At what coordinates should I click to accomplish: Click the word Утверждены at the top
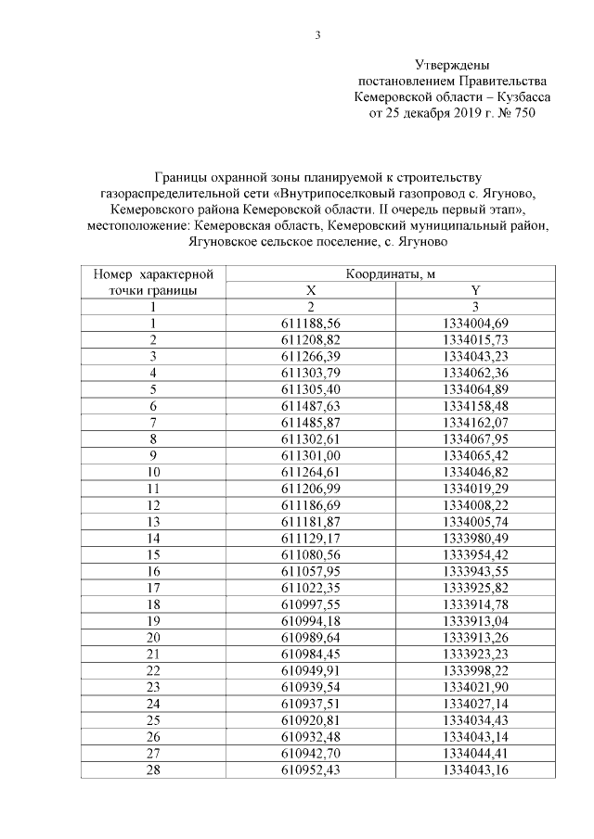(451, 64)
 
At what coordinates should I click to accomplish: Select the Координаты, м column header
(391, 274)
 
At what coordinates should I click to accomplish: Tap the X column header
(312, 290)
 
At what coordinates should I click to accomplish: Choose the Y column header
(474, 290)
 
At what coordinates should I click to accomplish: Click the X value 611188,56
(312, 323)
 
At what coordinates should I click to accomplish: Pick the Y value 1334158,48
(474, 404)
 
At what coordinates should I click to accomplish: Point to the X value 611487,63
(312, 404)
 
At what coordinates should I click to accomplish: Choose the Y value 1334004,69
(474, 323)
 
